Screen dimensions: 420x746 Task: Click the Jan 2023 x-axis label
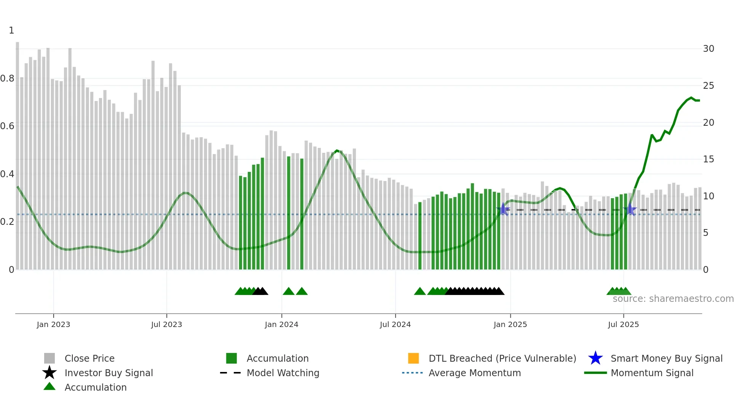click(53, 324)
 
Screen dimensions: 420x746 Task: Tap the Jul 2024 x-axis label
click(395, 324)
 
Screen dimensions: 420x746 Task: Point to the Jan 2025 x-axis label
click(510, 324)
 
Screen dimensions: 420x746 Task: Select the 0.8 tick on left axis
click(7, 79)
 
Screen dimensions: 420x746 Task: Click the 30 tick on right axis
click(708, 49)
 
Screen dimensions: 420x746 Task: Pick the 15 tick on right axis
click(708, 159)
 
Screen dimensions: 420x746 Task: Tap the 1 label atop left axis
click(11, 30)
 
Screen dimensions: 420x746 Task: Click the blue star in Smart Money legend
click(595, 358)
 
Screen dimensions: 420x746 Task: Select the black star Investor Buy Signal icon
click(49, 373)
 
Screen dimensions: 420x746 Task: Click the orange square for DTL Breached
click(413, 358)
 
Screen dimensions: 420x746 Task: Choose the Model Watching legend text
click(283, 373)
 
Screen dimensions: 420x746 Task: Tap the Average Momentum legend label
click(475, 373)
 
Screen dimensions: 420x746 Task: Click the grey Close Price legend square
click(49, 358)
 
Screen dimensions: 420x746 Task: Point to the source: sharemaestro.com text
click(673, 299)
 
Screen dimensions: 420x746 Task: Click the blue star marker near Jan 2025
click(503, 209)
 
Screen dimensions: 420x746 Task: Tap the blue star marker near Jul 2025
click(630, 209)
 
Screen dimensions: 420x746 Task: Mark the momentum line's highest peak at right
click(692, 98)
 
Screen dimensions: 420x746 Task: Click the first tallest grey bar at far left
click(18, 152)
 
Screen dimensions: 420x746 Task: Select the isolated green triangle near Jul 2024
click(420, 292)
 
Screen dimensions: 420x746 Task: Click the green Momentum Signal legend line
click(595, 373)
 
